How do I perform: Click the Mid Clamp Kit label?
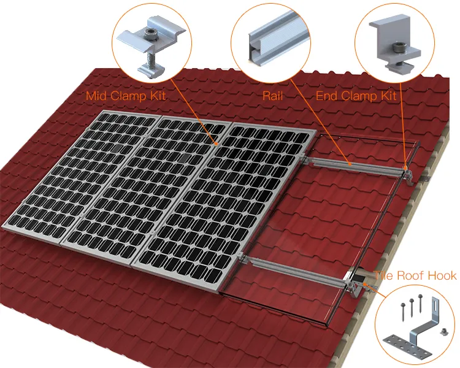tap(126, 96)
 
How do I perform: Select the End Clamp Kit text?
tap(356, 96)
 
